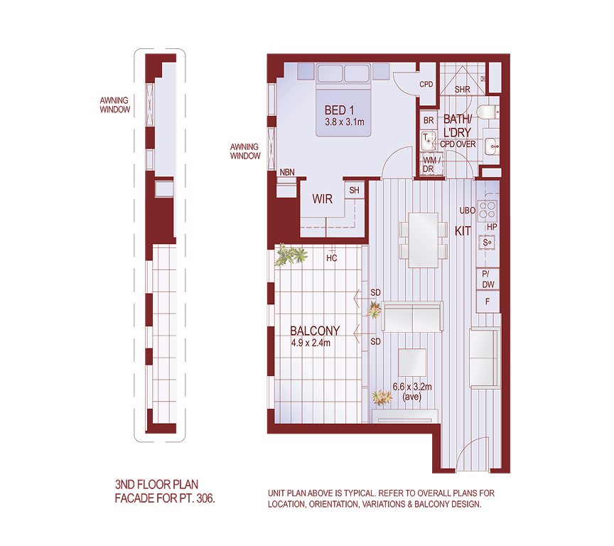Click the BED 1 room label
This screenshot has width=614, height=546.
(x=339, y=110)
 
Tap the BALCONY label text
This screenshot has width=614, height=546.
(x=315, y=331)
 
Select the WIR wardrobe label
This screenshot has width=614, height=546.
(x=323, y=200)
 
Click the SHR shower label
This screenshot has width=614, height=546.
(x=462, y=90)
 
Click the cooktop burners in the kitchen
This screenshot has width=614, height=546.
(x=488, y=210)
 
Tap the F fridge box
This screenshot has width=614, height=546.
(x=488, y=301)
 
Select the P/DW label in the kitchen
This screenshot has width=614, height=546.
(x=488, y=279)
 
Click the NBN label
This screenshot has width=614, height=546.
(x=287, y=172)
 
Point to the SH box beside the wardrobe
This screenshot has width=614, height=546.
(x=354, y=191)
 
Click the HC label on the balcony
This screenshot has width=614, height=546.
(x=332, y=258)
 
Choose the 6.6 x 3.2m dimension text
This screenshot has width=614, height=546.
(x=412, y=388)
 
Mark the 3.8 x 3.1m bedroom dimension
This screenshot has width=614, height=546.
(x=344, y=122)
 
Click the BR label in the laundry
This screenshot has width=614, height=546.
(x=428, y=121)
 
